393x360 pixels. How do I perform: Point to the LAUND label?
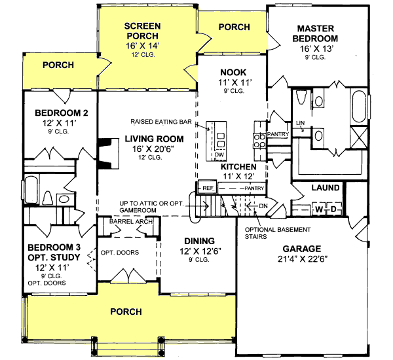[326, 188]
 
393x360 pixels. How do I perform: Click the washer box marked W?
[319, 209]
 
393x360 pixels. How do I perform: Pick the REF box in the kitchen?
[208, 188]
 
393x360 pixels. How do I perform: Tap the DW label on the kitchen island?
[219, 155]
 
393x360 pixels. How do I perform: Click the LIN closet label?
[301, 122]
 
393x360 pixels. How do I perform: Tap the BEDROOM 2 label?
[57, 113]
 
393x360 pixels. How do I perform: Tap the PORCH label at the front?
[125, 312]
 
